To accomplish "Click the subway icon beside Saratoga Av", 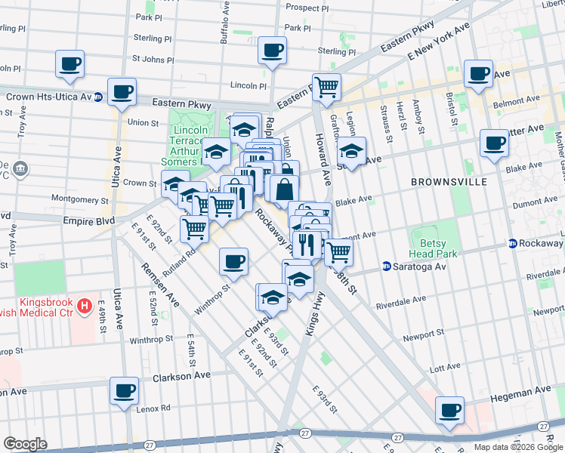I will coord(386,267).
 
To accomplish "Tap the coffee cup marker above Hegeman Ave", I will coord(451,410).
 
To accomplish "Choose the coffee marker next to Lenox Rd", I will coord(125,390).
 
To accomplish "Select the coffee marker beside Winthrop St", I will coord(233,261).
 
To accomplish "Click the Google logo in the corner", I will coord(25,443).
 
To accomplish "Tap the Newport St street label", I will coord(423,334).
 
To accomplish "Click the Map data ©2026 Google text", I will coord(517,447).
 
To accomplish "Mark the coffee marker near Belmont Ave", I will coord(478,73).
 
